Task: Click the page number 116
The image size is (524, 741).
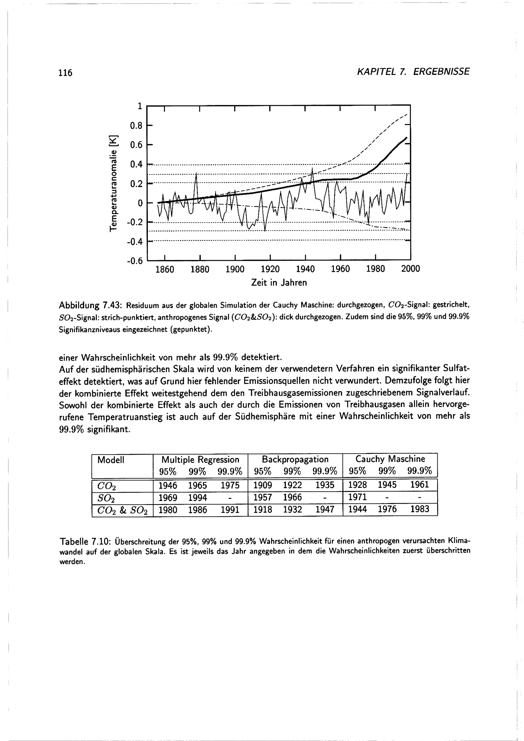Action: (65, 73)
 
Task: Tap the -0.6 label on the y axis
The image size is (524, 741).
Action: (135, 261)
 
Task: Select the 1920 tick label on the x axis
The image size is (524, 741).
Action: (270, 269)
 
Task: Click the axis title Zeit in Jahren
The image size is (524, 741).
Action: (279, 283)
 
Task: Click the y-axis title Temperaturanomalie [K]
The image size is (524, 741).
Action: (113, 183)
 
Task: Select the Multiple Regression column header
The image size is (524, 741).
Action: (200, 460)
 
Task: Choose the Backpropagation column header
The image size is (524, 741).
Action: (295, 459)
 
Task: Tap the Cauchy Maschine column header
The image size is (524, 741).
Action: (390, 459)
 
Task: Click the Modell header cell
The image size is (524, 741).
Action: (111, 460)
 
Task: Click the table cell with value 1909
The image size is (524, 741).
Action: (263, 485)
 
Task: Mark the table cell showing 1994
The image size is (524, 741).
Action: (198, 498)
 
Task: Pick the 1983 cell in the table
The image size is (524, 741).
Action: (419, 509)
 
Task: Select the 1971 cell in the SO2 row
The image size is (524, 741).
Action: (358, 497)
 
